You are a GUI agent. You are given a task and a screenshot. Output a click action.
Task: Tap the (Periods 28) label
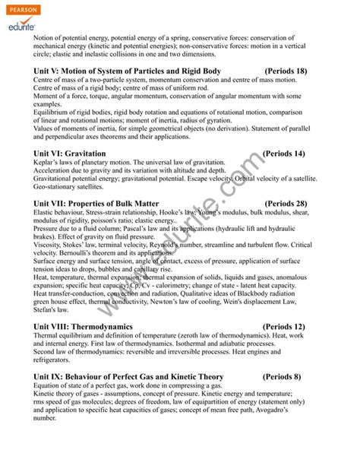coord(286,204)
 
